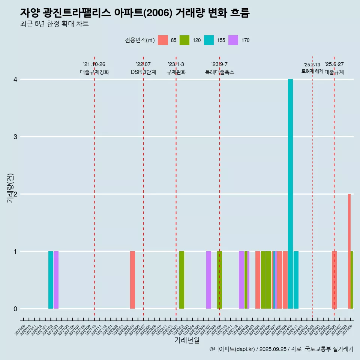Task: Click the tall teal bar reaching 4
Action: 290,194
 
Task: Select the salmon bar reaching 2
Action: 349,251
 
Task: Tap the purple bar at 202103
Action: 56,280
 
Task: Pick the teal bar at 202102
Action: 51,280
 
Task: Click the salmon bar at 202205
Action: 132,280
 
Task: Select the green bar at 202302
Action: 181,280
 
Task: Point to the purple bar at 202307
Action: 208,280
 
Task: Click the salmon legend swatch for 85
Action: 163,40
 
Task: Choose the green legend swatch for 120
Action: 184,40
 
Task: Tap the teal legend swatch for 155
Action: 209,40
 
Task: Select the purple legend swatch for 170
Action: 233,40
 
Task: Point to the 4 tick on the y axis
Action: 15,79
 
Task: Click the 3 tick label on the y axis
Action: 15,137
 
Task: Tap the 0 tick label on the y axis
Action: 15,309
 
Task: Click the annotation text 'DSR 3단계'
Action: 143,72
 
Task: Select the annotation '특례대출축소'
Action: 220,72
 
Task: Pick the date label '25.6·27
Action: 334,64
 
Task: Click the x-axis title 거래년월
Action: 187,340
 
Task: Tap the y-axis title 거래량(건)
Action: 10,188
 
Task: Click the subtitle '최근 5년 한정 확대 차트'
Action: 54,24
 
